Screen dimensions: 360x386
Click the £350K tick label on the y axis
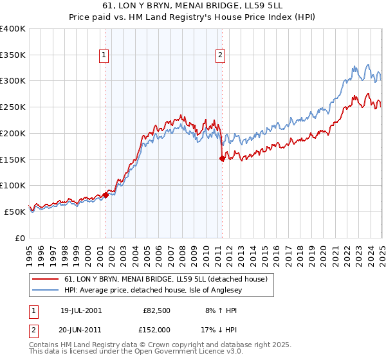(13, 55)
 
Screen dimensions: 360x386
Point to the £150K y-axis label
(13, 159)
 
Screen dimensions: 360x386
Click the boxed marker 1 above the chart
(104, 56)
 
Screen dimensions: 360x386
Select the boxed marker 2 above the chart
(221, 56)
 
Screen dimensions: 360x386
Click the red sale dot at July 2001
(106, 195)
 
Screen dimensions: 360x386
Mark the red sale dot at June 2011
(223, 158)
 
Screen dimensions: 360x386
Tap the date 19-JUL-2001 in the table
(81, 310)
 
